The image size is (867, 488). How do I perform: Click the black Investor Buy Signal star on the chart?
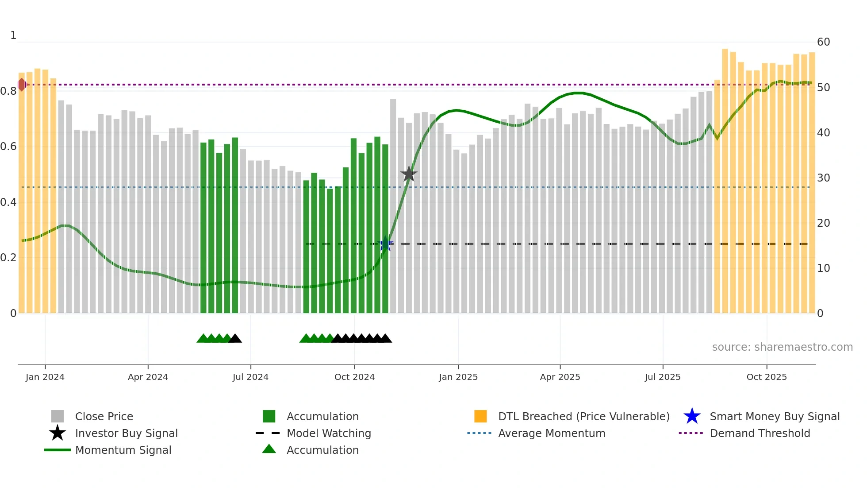tap(409, 174)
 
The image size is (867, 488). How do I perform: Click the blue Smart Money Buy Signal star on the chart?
tap(385, 244)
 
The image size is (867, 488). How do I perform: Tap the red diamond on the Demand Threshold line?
tap(22, 85)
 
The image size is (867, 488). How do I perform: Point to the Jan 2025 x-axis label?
tap(458, 377)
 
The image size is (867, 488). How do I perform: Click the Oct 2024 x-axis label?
tap(354, 377)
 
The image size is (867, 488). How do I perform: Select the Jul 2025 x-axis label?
tap(662, 377)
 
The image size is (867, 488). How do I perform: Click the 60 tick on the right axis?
tap(823, 42)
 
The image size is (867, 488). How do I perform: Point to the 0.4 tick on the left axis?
tap(9, 202)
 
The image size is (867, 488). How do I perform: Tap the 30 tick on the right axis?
tap(823, 178)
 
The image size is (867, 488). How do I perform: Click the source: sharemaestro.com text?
tap(782, 347)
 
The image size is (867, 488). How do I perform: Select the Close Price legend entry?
tap(104, 416)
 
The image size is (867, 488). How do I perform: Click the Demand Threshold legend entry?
tap(760, 433)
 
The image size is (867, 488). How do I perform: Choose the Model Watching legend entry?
tap(329, 433)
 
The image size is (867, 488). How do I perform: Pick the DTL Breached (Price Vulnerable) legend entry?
tap(583, 416)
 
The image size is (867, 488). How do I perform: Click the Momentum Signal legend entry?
tap(123, 450)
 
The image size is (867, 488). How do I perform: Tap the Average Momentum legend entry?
tap(551, 433)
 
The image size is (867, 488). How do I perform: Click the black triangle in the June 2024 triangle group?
tap(235, 339)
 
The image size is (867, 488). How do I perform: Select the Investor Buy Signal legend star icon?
tap(58, 433)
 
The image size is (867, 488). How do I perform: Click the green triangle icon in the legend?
tap(269, 449)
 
